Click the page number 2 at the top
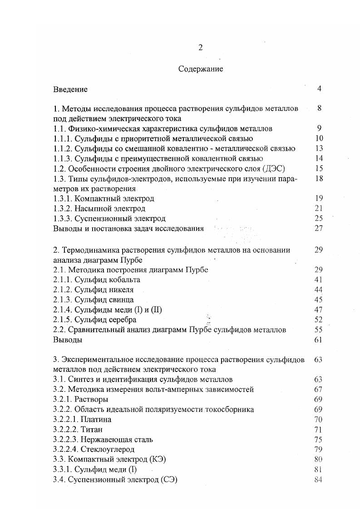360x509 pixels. [x=200, y=49]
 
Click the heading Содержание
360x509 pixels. [x=200, y=69]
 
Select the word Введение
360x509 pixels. [x=70, y=89]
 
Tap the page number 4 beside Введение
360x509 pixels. [x=319, y=88]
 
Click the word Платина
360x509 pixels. [x=97, y=420]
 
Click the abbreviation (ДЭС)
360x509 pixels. [x=271, y=168]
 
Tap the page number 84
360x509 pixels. [x=318, y=479]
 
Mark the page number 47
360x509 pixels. [x=318, y=310]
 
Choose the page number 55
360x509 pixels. [x=318, y=330]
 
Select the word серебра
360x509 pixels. [x=120, y=320]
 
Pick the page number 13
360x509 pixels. [x=318, y=148]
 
